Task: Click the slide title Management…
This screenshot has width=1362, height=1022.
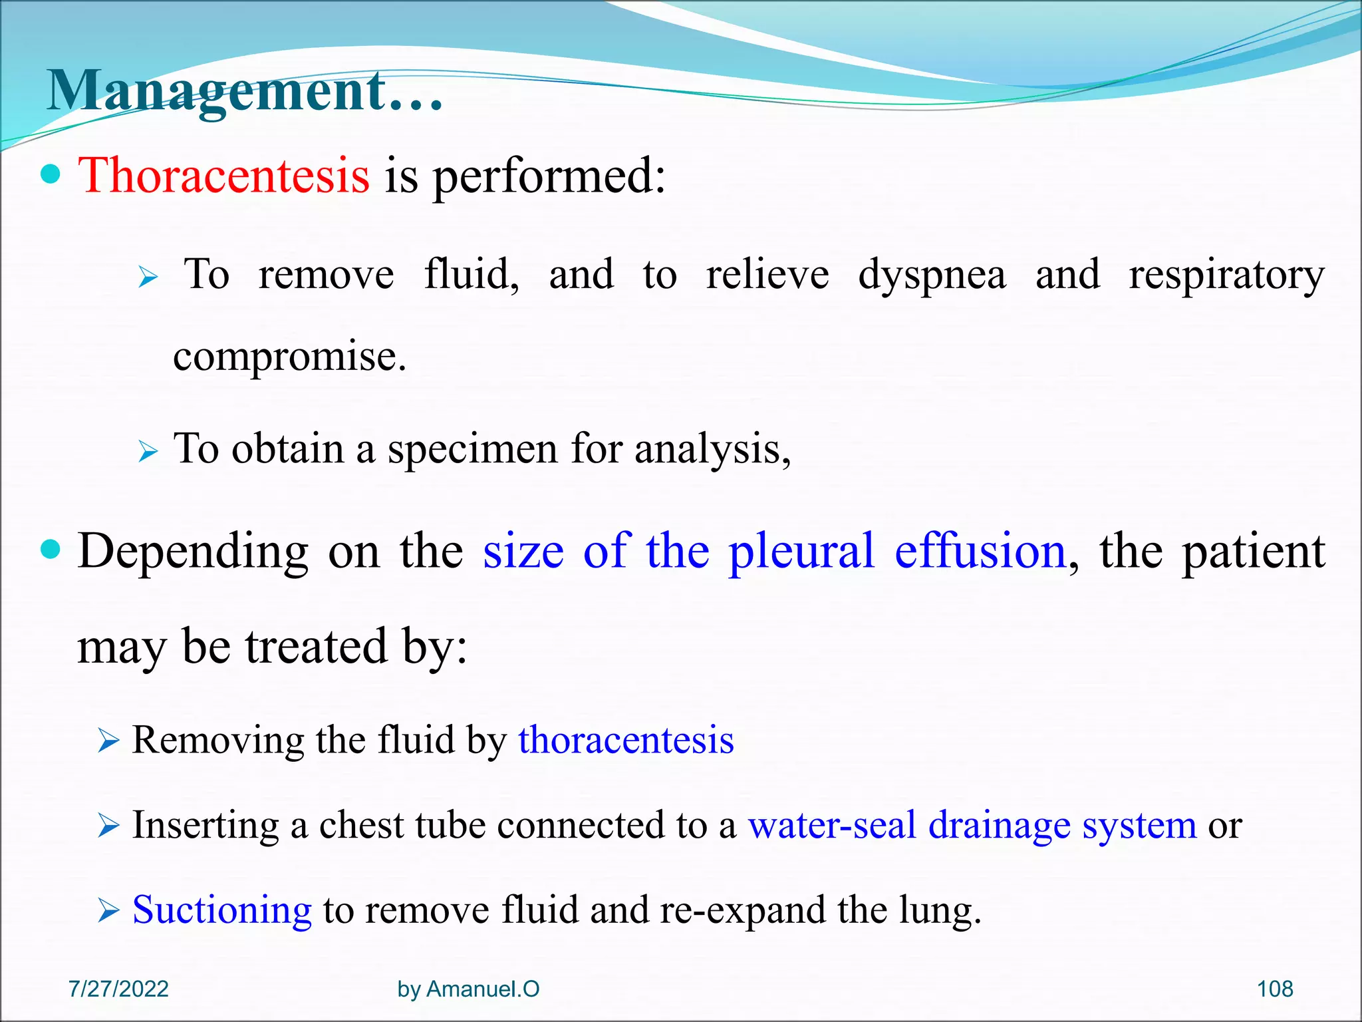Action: click(x=245, y=92)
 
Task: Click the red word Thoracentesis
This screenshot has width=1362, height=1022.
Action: click(x=224, y=176)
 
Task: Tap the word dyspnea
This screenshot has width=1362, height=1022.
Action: click(x=932, y=275)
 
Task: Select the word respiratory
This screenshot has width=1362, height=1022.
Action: click(x=1226, y=275)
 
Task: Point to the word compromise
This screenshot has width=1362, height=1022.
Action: click(x=289, y=357)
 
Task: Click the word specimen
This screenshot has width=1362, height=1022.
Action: click(x=473, y=450)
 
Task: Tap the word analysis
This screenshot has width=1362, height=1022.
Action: click(x=712, y=450)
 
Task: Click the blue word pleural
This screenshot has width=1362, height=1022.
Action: click(x=801, y=552)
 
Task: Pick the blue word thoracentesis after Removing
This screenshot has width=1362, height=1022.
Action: click(x=626, y=740)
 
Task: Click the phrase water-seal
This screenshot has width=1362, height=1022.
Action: click(x=832, y=825)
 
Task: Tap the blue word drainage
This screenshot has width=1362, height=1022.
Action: click(x=999, y=826)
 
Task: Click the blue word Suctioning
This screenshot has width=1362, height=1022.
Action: click(x=222, y=910)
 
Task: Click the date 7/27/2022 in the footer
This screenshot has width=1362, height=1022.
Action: click(x=118, y=989)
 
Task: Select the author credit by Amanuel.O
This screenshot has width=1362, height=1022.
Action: click(x=468, y=989)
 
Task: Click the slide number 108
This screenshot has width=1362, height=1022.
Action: click(x=1274, y=989)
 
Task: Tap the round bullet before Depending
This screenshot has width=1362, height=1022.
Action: click(x=51, y=550)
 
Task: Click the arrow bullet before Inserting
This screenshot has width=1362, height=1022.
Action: click(x=108, y=827)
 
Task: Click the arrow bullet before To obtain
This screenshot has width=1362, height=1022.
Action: click(x=148, y=452)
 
